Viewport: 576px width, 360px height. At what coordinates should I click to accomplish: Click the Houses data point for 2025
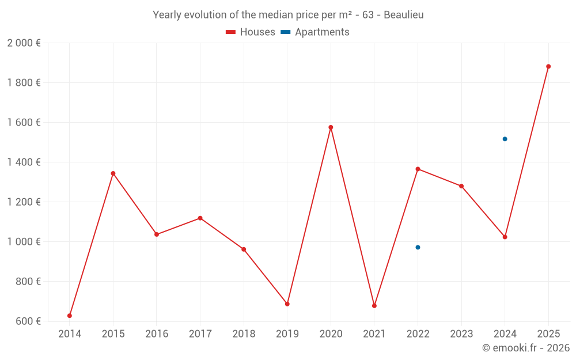548,66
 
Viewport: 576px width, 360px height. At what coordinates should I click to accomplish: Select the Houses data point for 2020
331,127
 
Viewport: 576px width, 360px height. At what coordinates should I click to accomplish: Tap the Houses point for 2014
70,316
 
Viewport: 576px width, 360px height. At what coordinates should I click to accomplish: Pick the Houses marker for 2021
374,306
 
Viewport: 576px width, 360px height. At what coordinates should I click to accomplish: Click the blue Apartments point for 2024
505,139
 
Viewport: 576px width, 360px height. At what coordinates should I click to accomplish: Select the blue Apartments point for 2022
418,247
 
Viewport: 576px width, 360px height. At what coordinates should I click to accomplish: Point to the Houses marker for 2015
113,173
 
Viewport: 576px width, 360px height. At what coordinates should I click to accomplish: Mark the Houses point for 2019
287,304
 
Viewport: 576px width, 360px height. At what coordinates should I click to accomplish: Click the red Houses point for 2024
505,237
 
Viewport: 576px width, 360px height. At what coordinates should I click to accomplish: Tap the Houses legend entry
251,32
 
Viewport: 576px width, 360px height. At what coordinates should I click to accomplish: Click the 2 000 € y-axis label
24,43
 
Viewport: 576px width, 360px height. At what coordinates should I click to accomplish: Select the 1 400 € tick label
24,162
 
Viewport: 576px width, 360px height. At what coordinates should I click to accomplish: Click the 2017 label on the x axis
200,334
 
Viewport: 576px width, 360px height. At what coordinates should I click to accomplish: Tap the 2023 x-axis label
461,334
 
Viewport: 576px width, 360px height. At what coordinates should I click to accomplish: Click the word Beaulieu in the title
401,15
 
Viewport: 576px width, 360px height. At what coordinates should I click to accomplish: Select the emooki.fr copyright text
525,348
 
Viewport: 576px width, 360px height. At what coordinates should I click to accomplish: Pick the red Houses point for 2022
418,169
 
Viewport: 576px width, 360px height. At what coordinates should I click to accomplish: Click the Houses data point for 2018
244,249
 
